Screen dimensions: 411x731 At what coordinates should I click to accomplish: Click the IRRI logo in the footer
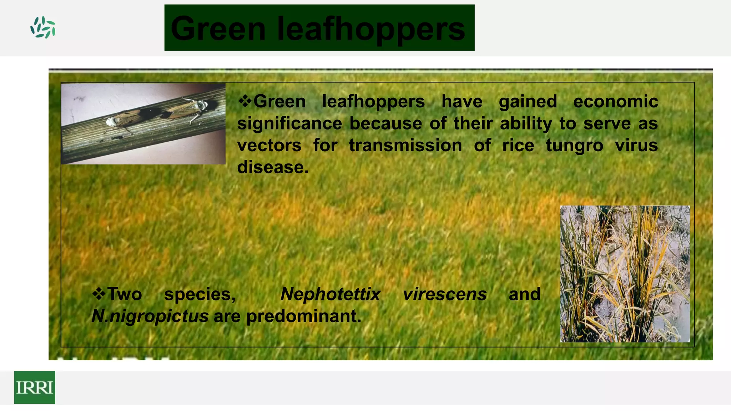pyautogui.click(x=35, y=387)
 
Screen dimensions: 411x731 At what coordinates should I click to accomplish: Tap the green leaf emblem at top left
pyautogui.click(x=43, y=27)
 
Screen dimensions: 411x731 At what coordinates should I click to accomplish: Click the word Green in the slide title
pyautogui.click(x=218, y=29)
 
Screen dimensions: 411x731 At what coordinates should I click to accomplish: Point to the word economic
pyautogui.click(x=615, y=102)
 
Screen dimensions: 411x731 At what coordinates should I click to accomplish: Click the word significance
pyautogui.click(x=289, y=123)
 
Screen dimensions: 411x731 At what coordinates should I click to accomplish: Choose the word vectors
pyautogui.click(x=269, y=146)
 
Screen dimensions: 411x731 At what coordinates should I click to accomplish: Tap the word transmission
pyautogui.click(x=405, y=146)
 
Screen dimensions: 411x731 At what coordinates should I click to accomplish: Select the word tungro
pyautogui.click(x=574, y=146)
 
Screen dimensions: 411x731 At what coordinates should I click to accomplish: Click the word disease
pyautogui.click(x=273, y=167)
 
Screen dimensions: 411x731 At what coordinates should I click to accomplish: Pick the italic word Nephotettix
pyautogui.click(x=331, y=294)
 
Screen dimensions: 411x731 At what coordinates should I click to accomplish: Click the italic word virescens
pyautogui.click(x=445, y=294)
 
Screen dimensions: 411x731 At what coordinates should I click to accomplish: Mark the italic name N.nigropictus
pyautogui.click(x=150, y=316)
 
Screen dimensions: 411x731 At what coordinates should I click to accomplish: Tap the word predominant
pyautogui.click(x=304, y=316)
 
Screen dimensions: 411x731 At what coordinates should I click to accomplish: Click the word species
pyautogui.click(x=200, y=294)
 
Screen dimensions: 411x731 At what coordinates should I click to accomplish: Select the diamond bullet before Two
pyautogui.click(x=99, y=294)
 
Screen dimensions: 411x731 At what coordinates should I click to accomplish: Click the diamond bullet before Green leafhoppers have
pyautogui.click(x=245, y=101)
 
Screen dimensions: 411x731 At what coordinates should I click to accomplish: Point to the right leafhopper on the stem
pyautogui.click(x=186, y=108)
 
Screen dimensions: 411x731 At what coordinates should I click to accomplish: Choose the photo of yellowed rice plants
pyautogui.click(x=625, y=274)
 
